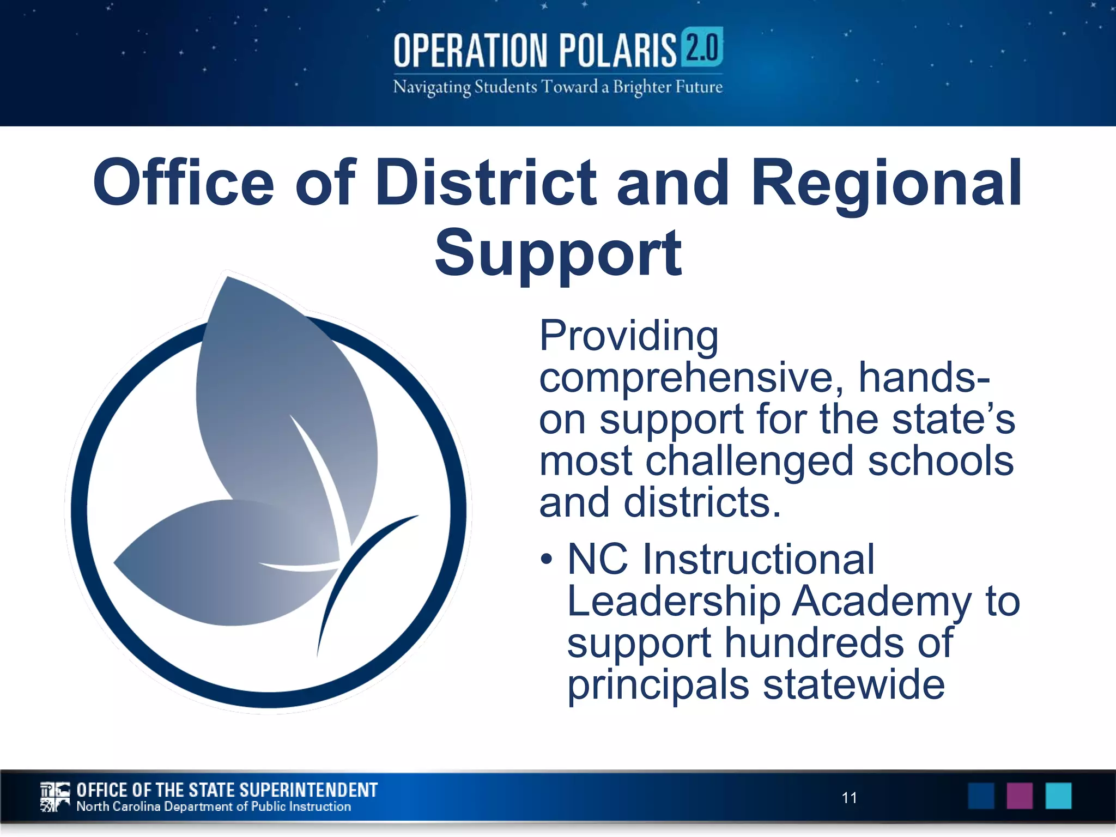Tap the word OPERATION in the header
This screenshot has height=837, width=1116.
(470, 51)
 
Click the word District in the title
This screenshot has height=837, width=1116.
(486, 183)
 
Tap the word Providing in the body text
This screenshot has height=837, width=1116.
(629, 336)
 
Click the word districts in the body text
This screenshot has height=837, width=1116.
(702, 502)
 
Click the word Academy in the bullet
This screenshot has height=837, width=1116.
(881, 602)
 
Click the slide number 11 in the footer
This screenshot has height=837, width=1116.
(849, 798)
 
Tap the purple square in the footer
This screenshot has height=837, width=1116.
(1020, 796)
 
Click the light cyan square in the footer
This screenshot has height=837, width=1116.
(1058, 796)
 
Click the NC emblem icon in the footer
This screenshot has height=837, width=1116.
(55, 797)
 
